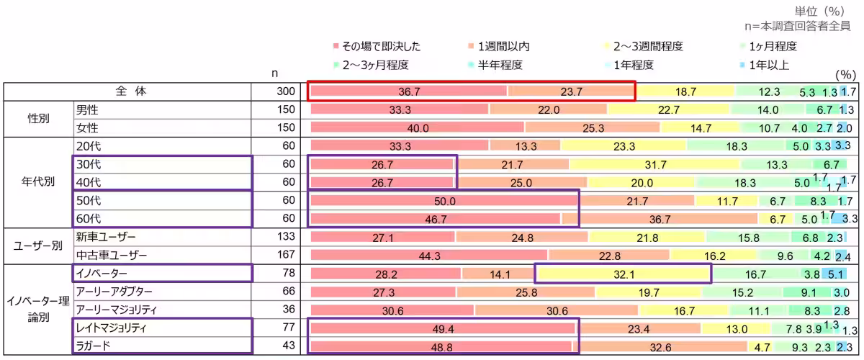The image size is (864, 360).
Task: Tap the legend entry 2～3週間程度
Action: tap(647, 47)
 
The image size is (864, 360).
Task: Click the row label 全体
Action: tap(130, 91)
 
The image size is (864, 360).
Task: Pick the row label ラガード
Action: tap(93, 345)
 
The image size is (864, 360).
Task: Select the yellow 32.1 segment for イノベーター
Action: tap(624, 274)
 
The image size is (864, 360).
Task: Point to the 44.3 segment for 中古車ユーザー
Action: tap(429, 256)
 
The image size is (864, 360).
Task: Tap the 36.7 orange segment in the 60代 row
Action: tap(660, 219)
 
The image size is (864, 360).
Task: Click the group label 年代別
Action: tap(35, 182)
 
